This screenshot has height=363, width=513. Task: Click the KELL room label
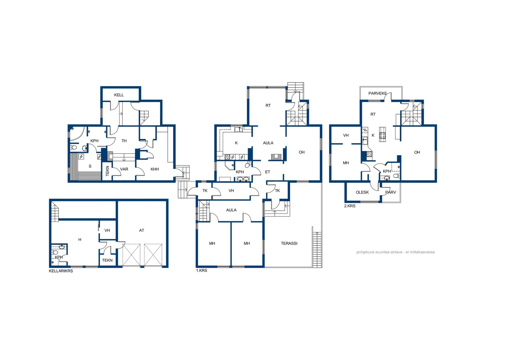(119, 95)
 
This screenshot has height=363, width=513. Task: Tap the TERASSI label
(289, 243)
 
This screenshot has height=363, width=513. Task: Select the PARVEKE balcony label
(377, 93)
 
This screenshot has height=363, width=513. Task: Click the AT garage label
(141, 230)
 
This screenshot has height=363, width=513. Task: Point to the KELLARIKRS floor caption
(61, 271)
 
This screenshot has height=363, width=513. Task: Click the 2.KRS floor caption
(350, 206)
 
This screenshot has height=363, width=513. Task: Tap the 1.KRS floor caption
(202, 270)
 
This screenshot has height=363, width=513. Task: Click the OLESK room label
(362, 192)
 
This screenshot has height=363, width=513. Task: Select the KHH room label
(155, 169)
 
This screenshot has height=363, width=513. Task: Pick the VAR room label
(124, 169)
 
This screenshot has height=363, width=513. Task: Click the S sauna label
(90, 166)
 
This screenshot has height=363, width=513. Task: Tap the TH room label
(124, 141)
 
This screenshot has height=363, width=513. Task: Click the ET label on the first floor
(267, 172)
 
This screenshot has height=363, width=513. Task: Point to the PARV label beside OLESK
(391, 192)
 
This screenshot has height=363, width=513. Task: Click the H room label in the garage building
(80, 240)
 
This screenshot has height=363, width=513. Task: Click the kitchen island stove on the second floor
(382, 134)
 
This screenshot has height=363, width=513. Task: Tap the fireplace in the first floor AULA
(276, 157)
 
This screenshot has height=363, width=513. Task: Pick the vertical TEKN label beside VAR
(107, 171)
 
